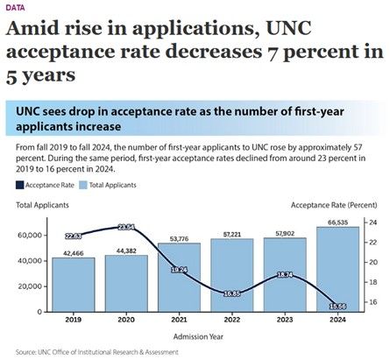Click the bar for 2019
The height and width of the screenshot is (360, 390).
(74, 285)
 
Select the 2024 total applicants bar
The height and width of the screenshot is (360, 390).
(337, 269)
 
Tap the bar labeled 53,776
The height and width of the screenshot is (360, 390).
(179, 278)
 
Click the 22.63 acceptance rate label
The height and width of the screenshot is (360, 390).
(73, 236)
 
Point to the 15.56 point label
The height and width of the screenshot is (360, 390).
(337, 307)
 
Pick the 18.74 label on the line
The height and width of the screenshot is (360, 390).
(285, 275)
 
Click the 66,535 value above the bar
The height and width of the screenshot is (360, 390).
(337, 222)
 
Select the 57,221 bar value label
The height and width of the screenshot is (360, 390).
(232, 234)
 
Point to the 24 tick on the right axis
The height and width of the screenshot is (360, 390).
(372, 222)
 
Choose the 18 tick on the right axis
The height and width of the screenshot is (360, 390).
(372, 282)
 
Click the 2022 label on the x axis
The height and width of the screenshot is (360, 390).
(232, 320)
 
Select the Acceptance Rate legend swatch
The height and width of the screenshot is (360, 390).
(19, 185)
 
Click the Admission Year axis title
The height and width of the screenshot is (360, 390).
(198, 336)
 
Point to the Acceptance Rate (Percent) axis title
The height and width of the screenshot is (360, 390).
(334, 205)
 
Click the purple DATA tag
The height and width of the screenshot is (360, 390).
(15, 8)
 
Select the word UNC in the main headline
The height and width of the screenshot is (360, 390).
(289, 28)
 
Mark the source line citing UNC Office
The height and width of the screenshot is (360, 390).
(96, 352)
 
